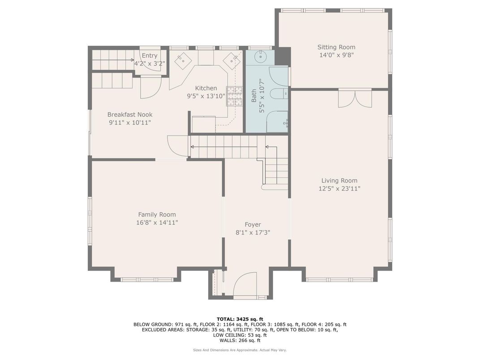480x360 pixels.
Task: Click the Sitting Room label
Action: (x=336, y=47)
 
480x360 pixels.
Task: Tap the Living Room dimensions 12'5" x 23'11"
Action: (x=339, y=189)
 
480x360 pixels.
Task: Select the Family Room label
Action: (x=157, y=214)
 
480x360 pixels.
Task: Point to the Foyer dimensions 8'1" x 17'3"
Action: (x=253, y=232)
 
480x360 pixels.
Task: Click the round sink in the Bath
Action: (x=260, y=57)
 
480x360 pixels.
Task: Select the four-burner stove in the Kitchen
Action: (x=233, y=96)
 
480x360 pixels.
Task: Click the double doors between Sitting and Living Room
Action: (x=355, y=99)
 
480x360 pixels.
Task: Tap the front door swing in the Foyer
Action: (x=244, y=284)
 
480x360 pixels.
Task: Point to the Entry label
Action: (x=150, y=56)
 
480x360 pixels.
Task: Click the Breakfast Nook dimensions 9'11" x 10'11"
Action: (x=130, y=122)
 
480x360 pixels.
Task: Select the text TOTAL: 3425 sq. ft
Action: (x=240, y=319)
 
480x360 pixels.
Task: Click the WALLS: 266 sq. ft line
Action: (x=240, y=340)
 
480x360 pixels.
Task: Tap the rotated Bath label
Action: (x=254, y=95)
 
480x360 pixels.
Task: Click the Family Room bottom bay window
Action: (x=147, y=279)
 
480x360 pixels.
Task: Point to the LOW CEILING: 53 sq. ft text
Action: (x=240, y=335)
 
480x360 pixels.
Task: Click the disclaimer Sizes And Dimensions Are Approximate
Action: (x=240, y=350)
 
